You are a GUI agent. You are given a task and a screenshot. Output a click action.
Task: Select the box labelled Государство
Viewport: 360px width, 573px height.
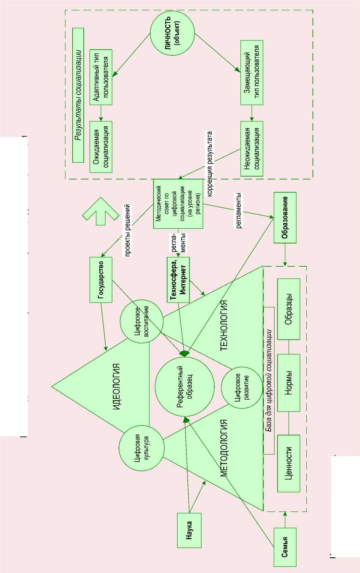coord(101,280)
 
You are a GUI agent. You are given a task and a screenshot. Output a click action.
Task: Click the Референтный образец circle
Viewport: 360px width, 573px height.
coord(185,386)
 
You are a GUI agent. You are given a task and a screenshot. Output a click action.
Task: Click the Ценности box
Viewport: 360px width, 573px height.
coord(289,463)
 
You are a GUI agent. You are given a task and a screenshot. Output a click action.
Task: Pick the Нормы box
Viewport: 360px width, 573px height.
coord(289,382)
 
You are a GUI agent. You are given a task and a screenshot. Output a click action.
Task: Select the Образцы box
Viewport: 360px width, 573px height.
coord(289,309)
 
